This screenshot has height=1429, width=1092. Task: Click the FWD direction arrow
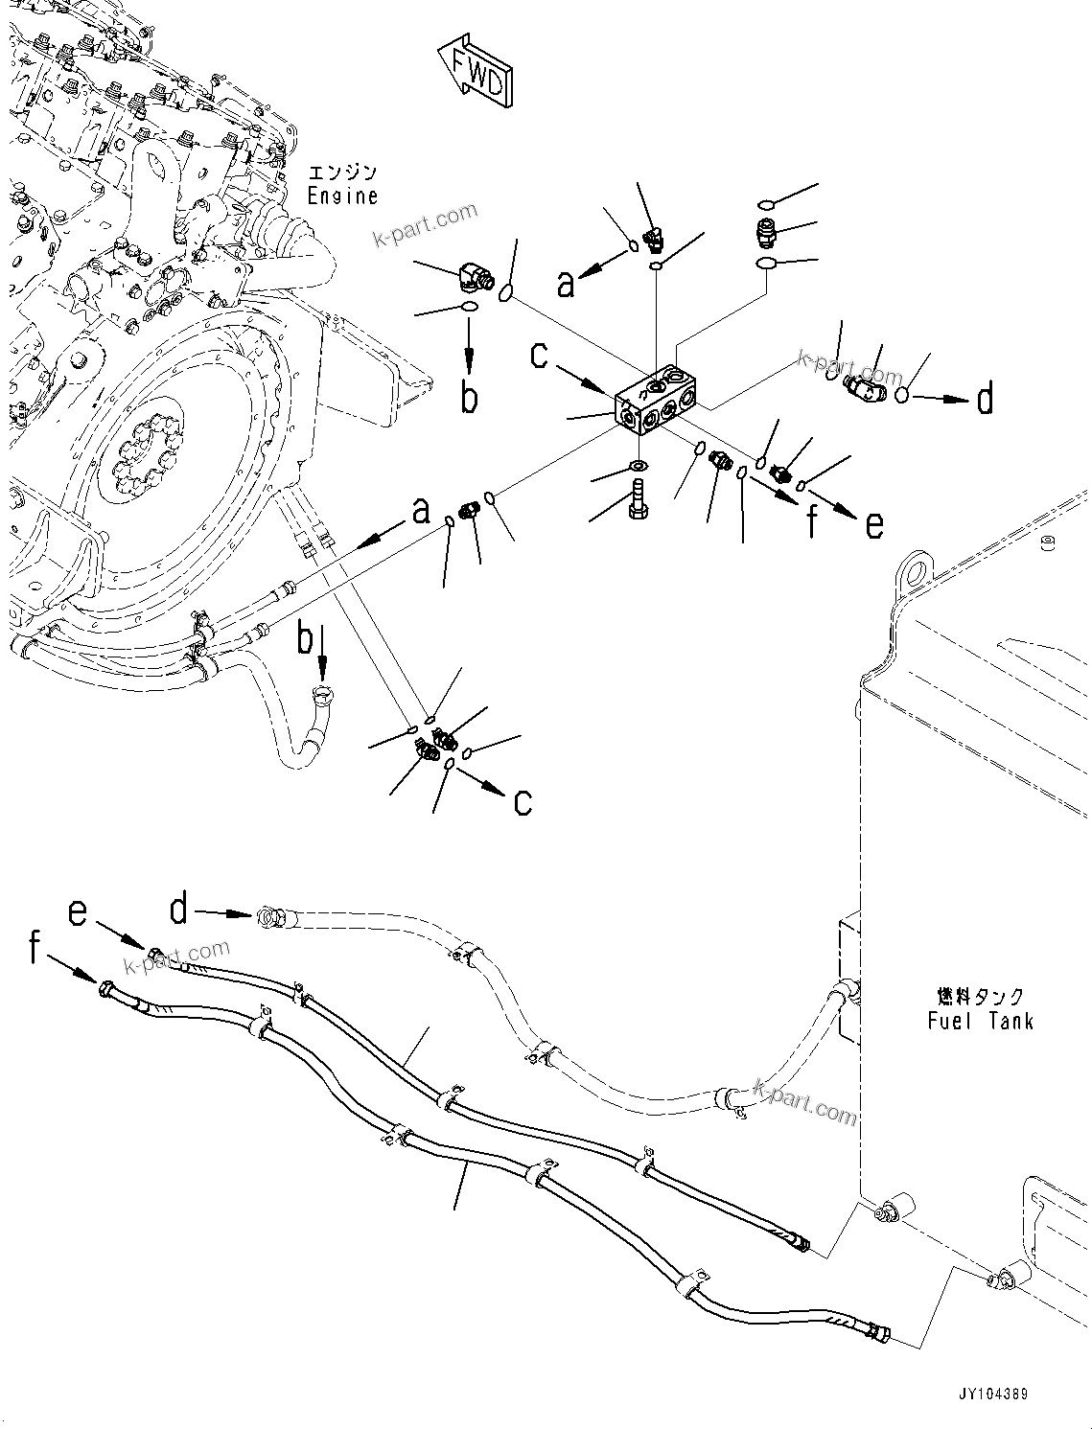click(x=473, y=69)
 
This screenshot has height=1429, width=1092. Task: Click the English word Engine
click(x=342, y=196)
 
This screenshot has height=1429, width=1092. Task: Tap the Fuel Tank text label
click(x=980, y=1021)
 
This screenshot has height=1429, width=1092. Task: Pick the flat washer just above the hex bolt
click(x=637, y=467)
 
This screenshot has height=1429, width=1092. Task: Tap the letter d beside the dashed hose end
click(x=179, y=910)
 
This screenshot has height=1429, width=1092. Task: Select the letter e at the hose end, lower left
click(x=79, y=913)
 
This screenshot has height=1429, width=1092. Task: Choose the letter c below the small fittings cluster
click(x=523, y=801)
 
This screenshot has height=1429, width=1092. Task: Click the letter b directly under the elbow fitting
click(x=468, y=397)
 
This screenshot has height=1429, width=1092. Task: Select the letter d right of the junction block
click(x=985, y=398)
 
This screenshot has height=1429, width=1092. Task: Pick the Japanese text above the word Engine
click(x=342, y=173)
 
